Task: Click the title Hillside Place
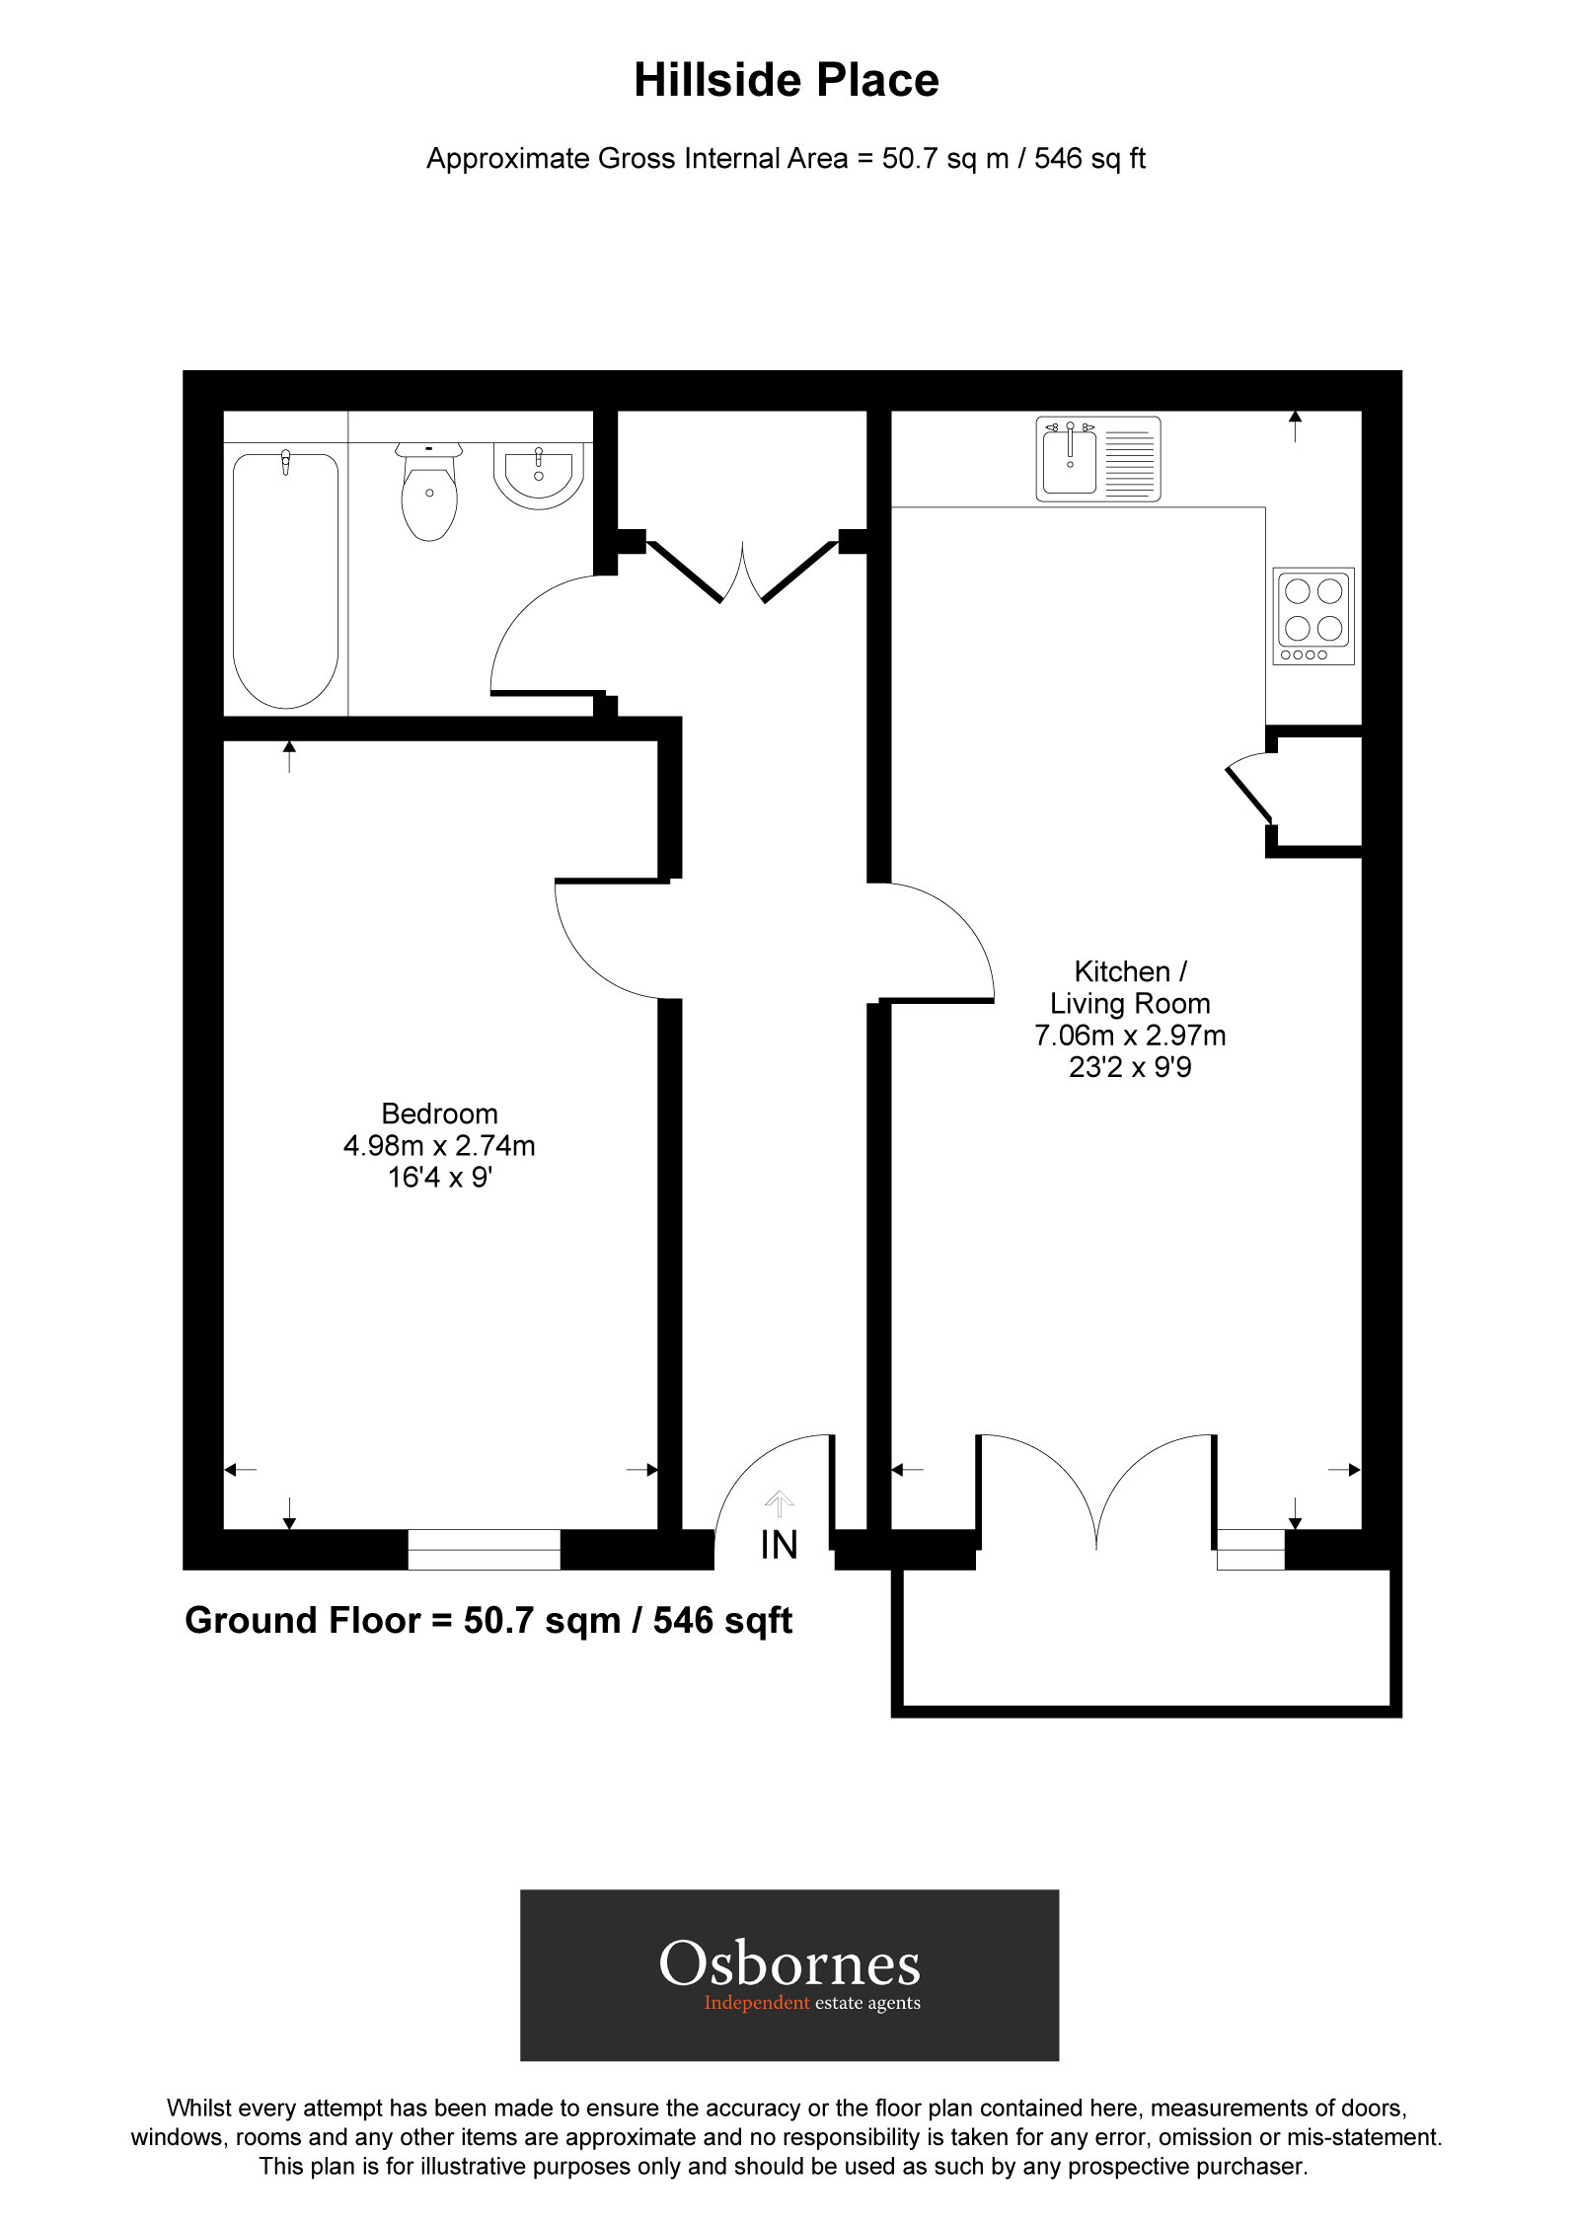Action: click(x=786, y=81)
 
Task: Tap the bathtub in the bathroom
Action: click(x=285, y=579)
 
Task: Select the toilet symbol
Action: click(x=429, y=494)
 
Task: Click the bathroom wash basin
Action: click(x=539, y=476)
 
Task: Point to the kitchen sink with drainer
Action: click(x=1097, y=459)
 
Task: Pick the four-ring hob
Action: click(x=1312, y=615)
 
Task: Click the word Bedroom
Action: click(x=439, y=1114)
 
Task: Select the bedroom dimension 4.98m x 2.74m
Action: click(x=439, y=1145)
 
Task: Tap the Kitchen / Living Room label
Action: click(x=1130, y=987)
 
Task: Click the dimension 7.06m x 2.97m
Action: click(x=1130, y=1036)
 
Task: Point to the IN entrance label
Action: click(x=779, y=1545)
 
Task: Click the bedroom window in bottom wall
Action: click(x=484, y=1549)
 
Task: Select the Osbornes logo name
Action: click(x=789, y=1964)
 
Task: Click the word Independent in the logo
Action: click(x=756, y=2003)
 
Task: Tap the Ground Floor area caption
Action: click(x=488, y=1621)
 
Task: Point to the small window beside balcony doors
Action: click(x=1249, y=1549)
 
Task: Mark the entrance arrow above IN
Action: click(x=779, y=1502)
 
